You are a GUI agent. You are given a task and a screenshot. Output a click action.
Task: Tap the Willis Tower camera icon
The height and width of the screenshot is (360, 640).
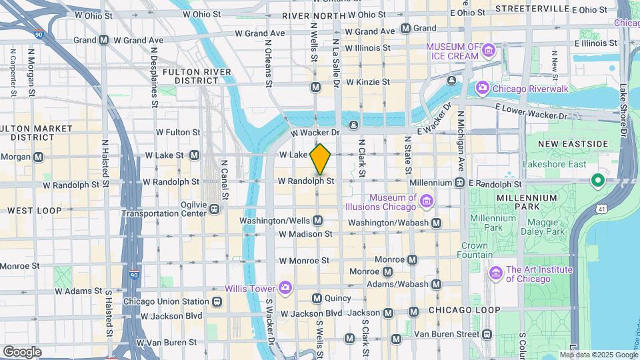tap(285, 287)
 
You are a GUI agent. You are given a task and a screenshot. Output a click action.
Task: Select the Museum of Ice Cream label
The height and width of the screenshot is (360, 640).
tap(453, 51)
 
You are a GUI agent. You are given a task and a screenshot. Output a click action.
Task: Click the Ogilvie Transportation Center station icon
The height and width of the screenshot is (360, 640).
tap(215, 209)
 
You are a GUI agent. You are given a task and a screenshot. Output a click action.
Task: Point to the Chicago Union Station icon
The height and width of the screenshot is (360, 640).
tap(217, 301)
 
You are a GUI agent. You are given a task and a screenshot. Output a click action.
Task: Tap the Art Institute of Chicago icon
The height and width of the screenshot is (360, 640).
tap(495, 273)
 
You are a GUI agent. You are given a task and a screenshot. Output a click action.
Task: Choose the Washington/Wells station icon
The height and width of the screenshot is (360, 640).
tap(318, 220)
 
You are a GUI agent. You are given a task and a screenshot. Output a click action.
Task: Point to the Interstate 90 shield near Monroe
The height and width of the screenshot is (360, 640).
tap(135, 274)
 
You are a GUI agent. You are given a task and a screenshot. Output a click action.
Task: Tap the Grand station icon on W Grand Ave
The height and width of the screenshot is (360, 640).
tap(405, 29)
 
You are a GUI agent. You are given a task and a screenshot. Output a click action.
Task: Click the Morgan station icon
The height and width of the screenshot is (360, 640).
tap(38, 157)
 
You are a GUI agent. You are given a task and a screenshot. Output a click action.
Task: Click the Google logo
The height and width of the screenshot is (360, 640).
tap(22, 351)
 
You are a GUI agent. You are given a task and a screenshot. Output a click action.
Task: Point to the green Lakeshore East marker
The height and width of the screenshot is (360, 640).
tap(599, 179)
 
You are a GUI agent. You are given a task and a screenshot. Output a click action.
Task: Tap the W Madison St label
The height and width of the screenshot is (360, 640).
tap(305, 234)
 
